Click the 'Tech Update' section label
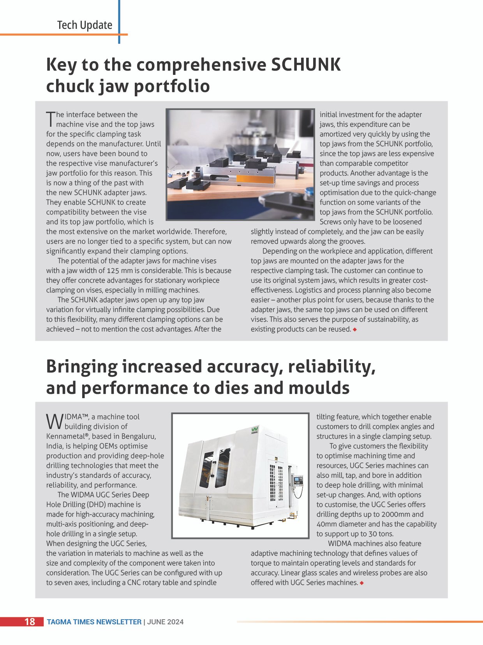point(85,25)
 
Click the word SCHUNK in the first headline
point(305,65)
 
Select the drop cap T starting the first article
point(51,119)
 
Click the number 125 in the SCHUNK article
point(113,271)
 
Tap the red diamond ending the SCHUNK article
point(355,330)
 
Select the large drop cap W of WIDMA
point(55,422)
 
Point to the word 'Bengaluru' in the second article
point(138,436)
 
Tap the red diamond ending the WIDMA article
point(362,583)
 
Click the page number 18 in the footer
point(30,622)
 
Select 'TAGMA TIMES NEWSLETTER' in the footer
point(94,622)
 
